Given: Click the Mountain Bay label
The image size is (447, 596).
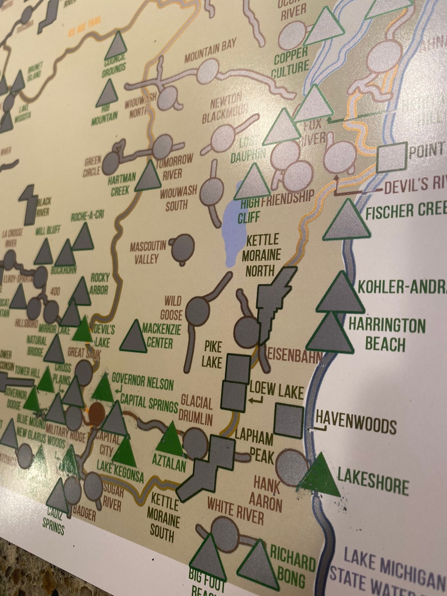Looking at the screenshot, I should point(210,51).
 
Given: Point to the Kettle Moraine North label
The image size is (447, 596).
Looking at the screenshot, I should point(262,255).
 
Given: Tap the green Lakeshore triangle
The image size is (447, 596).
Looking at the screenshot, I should point(320,476).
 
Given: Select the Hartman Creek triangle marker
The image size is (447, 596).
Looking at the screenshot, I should point(148,177).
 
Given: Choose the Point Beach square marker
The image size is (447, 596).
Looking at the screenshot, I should point(391,157).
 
